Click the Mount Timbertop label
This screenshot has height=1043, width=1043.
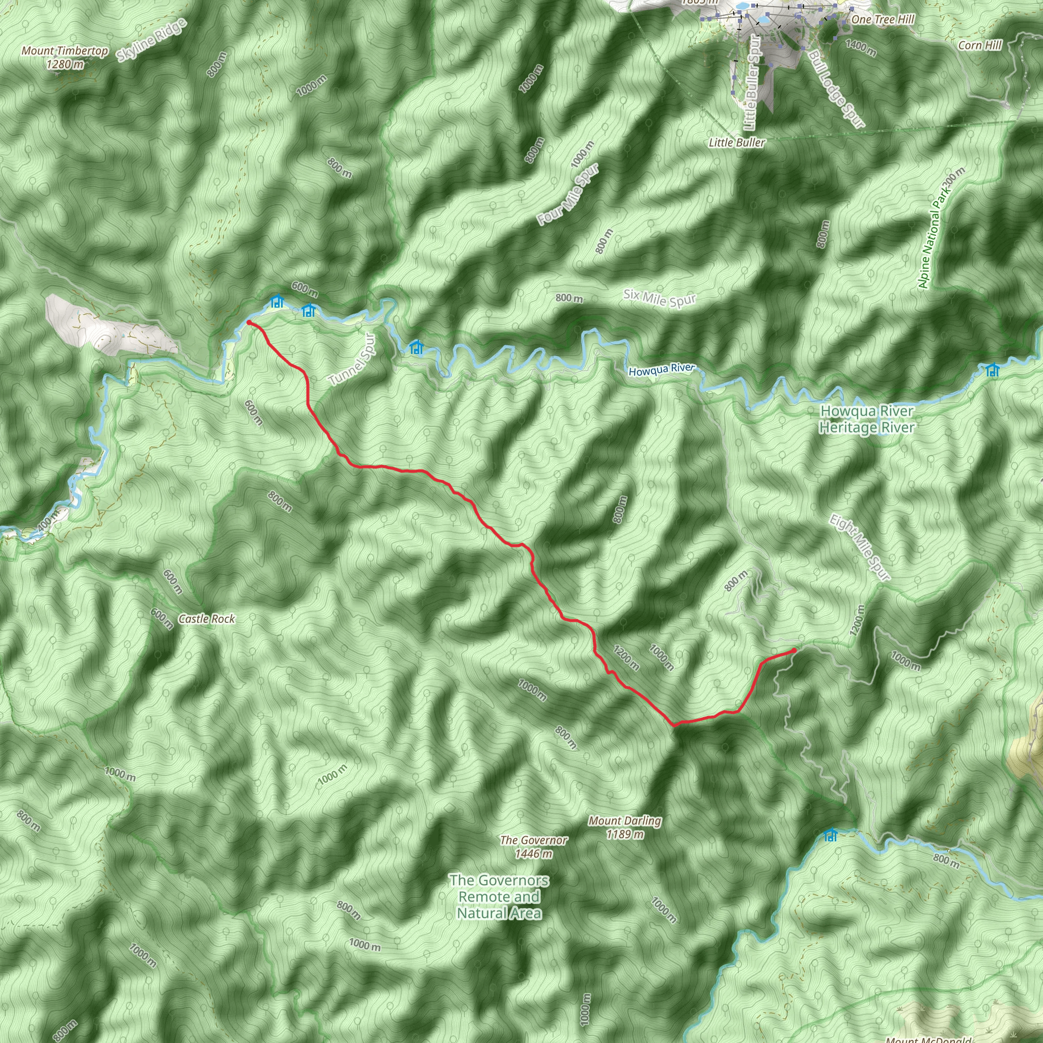65,57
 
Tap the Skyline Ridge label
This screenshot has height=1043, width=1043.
152,40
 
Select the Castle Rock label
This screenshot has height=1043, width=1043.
207,619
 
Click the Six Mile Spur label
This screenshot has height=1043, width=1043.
660,298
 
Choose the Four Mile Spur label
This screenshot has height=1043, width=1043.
568,195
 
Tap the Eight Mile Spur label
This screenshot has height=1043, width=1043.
860,547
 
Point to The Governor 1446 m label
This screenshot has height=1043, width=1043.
533,846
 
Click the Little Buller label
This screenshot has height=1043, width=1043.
737,143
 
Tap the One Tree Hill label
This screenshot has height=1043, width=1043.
883,19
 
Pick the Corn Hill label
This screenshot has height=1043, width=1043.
980,45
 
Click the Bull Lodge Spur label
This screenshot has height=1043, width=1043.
837,89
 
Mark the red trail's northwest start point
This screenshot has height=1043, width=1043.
249,322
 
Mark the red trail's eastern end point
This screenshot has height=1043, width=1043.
794,650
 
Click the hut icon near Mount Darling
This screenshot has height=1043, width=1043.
830,836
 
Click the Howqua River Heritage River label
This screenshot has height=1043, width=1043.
867,419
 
